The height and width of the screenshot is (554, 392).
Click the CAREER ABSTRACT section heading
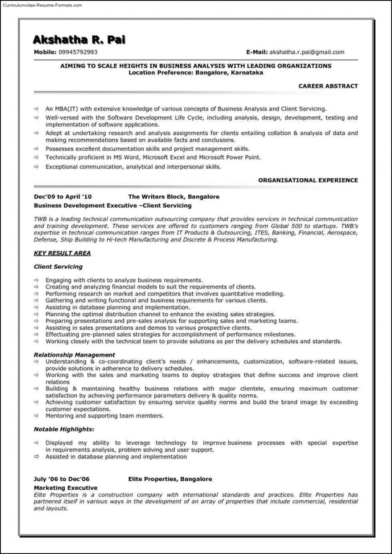point(328,86)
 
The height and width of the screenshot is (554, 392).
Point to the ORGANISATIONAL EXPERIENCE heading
point(308,180)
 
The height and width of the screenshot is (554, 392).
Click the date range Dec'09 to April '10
point(63,197)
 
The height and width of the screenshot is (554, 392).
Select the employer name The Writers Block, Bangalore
point(174,197)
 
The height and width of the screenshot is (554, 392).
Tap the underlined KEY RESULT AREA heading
point(62,253)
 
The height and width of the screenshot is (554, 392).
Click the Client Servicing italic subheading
point(58,267)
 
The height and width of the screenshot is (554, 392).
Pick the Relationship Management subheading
point(75,355)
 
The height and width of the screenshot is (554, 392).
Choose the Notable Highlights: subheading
point(64,429)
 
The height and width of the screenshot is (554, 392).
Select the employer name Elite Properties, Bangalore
point(170,478)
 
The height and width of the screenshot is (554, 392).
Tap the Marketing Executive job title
point(65,488)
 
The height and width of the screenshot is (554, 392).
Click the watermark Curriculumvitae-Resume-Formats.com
point(42,5)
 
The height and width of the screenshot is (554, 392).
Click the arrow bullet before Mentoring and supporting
point(36,416)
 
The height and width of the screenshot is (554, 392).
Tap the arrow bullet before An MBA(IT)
point(36,109)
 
